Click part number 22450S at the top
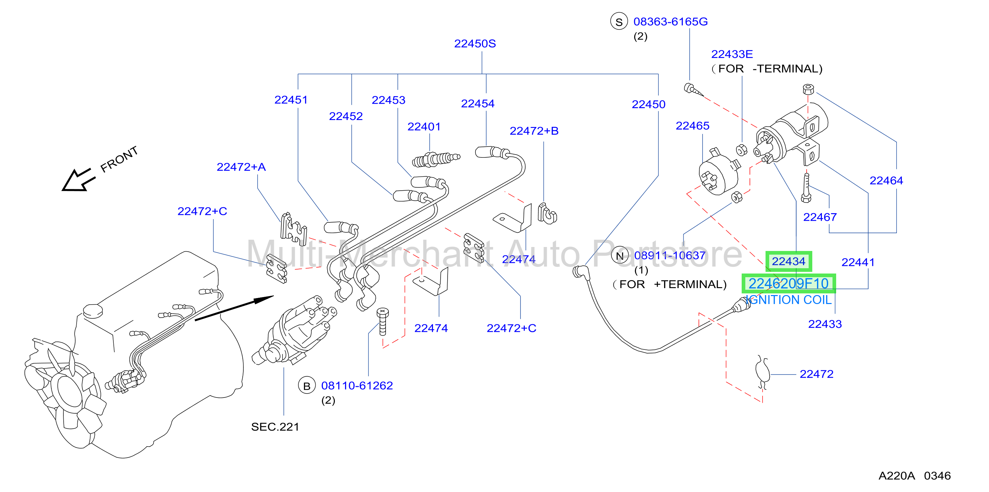click(x=475, y=44)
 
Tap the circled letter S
click(x=619, y=22)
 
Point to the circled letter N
click(x=620, y=256)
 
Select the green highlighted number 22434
click(x=789, y=261)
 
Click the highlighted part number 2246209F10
click(x=789, y=283)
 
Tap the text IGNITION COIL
click(x=789, y=300)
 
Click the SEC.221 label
click(x=275, y=427)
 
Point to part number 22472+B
click(x=534, y=131)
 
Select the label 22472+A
click(x=241, y=167)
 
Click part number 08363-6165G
click(x=670, y=22)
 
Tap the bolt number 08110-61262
click(x=357, y=386)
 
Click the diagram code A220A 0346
click(x=914, y=476)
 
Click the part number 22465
click(x=692, y=126)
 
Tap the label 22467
click(x=820, y=217)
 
